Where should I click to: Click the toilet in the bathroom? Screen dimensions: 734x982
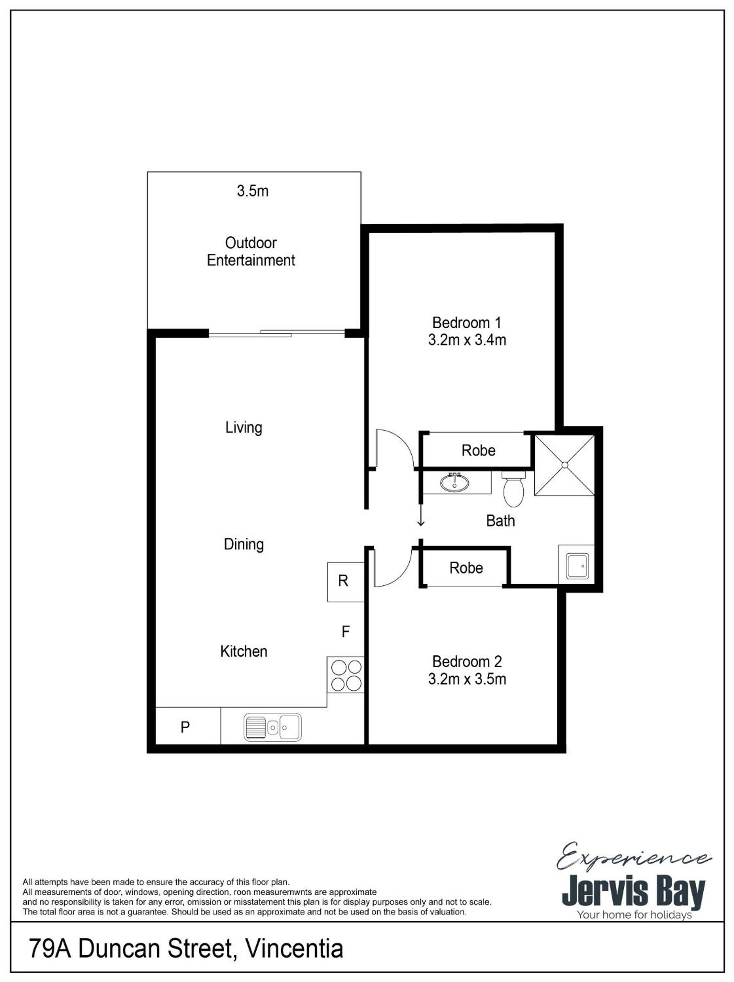pos(513,489)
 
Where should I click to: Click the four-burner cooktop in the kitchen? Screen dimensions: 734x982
pos(345,676)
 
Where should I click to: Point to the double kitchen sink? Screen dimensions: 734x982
pos(272,728)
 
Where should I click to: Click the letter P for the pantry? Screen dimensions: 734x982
pos(185,727)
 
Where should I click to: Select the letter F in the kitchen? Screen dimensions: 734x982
pos(345,631)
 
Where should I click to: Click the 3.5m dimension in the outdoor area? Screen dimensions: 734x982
pos(252,191)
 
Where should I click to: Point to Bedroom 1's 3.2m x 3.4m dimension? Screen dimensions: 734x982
pos(467,340)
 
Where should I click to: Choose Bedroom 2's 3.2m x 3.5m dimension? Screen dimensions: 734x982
pos(467,679)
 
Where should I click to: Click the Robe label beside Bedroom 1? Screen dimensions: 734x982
pos(478,450)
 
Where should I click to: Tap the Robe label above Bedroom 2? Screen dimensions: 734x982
pos(466,568)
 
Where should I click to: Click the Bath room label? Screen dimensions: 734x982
pos(500,521)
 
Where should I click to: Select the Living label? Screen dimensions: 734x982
pos(244,428)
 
